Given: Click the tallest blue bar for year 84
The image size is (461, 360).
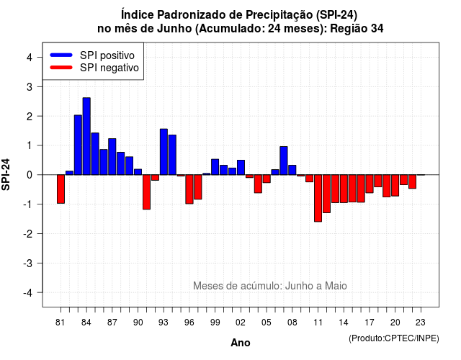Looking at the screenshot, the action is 86,136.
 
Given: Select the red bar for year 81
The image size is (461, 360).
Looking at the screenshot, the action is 61,189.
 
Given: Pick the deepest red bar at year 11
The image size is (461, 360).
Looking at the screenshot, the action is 318,198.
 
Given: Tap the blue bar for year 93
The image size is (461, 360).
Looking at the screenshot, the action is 164,152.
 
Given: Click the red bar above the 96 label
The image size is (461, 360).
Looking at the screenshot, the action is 189,189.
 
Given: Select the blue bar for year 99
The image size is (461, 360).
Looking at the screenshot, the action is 215,167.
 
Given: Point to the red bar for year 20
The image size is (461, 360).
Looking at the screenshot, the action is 395,186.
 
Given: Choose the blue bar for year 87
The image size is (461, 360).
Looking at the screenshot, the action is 112,157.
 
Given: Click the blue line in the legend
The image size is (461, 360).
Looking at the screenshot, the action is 61,55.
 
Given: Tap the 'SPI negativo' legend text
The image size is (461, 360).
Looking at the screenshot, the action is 109,68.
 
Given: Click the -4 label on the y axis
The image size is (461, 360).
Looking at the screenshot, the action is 29,292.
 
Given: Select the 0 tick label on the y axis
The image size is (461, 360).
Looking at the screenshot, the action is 29,175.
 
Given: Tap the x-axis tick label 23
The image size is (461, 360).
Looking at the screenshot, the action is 421,323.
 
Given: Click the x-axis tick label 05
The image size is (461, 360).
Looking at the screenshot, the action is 267,323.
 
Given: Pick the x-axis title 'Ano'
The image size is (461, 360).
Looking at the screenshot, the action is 241,343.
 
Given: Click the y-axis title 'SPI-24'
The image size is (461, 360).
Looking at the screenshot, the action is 6,174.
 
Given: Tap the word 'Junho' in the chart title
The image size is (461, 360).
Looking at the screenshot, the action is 174,29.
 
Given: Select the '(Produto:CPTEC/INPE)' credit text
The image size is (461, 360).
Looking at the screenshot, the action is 394,338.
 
